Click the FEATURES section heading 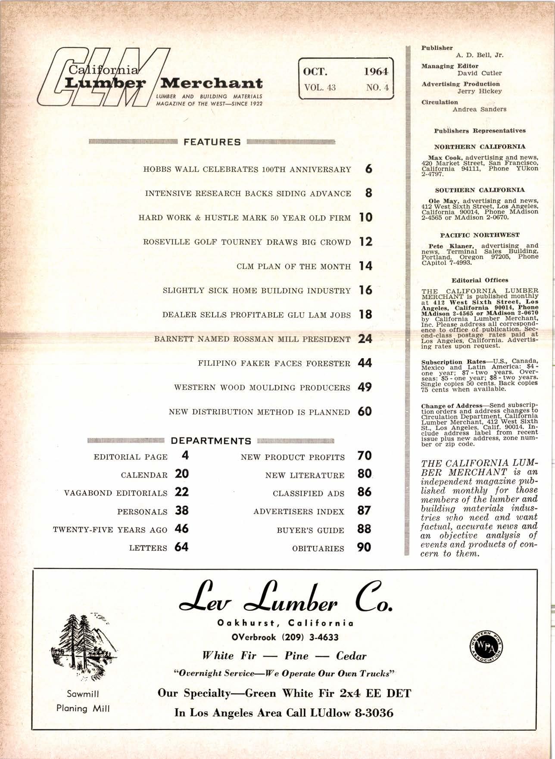point(212,142)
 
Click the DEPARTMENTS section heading point(211,441)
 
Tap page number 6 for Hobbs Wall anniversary point(368,169)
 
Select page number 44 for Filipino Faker point(365,363)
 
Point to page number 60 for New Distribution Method point(365,412)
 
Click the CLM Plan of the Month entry point(294,266)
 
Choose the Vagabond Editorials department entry point(115,493)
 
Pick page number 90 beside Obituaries point(364,548)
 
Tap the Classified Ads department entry point(309,493)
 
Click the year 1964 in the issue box point(376,71)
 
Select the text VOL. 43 point(320,87)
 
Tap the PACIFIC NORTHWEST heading point(480,235)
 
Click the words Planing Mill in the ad point(83,708)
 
